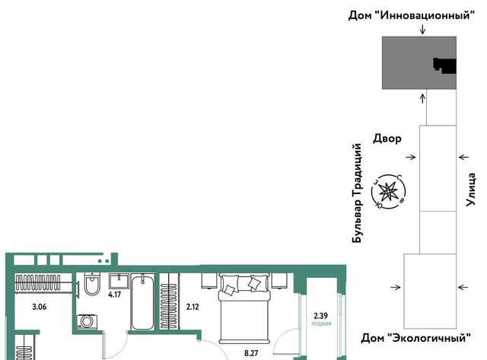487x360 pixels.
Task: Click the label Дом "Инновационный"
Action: point(412,15)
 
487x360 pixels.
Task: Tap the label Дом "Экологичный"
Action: point(415,338)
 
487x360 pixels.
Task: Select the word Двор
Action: point(387,139)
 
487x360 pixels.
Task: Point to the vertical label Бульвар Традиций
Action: point(357,193)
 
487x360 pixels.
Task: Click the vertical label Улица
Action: point(471,190)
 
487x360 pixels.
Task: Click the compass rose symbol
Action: point(388,191)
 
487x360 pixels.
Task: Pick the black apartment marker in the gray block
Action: point(444,65)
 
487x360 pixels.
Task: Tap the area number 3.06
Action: point(40,307)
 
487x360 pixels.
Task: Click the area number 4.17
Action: point(115,294)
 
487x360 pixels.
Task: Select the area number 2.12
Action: point(193,307)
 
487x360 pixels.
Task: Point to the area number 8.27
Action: point(251,353)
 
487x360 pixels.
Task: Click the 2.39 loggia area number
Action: point(321,316)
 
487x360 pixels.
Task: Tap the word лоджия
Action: point(321,323)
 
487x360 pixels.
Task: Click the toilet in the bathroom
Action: point(92,285)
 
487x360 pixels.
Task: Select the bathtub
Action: point(142,302)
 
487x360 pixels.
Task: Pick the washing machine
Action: point(87,322)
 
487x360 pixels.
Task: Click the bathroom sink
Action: point(119,281)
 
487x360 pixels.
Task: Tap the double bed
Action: point(244,308)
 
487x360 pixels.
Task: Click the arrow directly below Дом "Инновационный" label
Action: point(422,29)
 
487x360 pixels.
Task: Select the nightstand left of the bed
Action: point(208,281)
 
